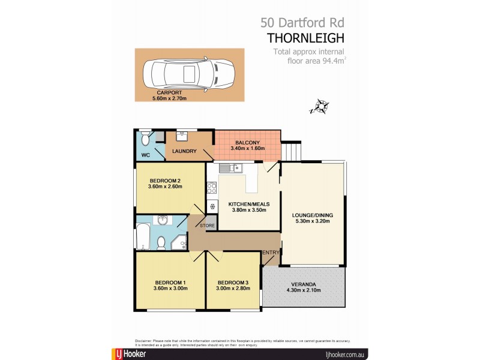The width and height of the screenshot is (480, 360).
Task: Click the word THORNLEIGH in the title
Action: click(306, 38)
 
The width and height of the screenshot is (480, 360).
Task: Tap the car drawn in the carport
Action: click(188, 74)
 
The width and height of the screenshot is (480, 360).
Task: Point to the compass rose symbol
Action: click(322, 107)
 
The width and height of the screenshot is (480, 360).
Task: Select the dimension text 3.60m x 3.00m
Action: click(171, 289)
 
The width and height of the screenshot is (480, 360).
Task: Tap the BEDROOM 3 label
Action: click(233, 283)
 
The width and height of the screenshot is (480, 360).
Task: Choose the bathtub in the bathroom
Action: click(142, 237)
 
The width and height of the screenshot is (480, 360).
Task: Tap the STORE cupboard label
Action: click(207, 226)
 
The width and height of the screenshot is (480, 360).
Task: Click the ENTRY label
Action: click(271, 253)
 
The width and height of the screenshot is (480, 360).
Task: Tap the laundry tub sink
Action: click(182, 136)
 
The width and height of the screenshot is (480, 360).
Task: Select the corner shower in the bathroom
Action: click(179, 242)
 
